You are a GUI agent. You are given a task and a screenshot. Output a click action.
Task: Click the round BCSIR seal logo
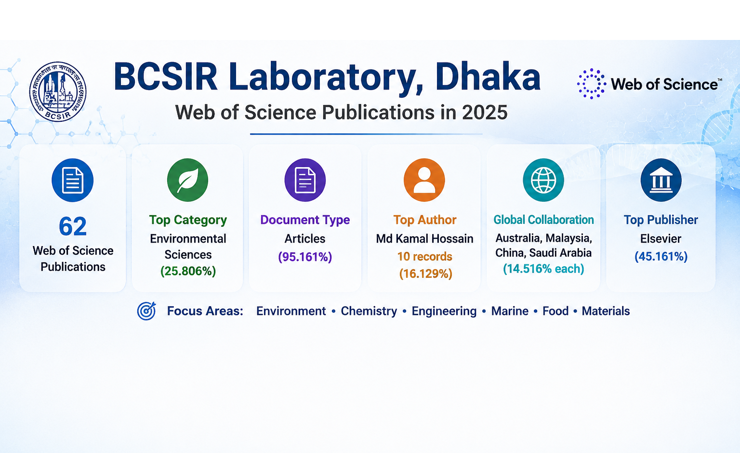(58, 91)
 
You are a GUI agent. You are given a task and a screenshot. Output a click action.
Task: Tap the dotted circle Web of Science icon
(591, 84)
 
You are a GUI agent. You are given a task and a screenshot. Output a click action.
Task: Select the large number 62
(73, 226)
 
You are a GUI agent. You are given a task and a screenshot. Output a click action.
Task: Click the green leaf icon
(187, 180)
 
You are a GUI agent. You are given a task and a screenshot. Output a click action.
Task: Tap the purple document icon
(305, 180)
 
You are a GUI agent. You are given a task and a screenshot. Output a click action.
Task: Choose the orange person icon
(424, 180)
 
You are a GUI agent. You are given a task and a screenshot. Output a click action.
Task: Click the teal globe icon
(543, 180)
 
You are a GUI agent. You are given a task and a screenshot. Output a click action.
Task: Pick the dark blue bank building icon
(661, 180)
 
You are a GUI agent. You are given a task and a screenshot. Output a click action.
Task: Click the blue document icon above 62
(73, 180)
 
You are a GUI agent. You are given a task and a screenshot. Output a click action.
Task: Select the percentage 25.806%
(188, 271)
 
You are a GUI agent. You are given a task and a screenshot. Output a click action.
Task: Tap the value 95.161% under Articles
(305, 257)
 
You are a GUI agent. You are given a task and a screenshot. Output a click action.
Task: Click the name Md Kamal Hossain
(424, 238)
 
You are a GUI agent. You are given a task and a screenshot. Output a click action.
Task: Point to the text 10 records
(424, 256)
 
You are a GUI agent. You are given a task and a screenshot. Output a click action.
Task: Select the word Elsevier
(661, 238)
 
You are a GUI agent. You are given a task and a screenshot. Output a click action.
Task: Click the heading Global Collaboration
(543, 220)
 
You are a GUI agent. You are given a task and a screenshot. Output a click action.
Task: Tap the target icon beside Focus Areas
(146, 311)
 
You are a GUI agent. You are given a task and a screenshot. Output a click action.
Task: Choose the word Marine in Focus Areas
(510, 311)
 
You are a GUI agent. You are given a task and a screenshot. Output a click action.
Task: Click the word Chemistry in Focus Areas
(369, 311)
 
